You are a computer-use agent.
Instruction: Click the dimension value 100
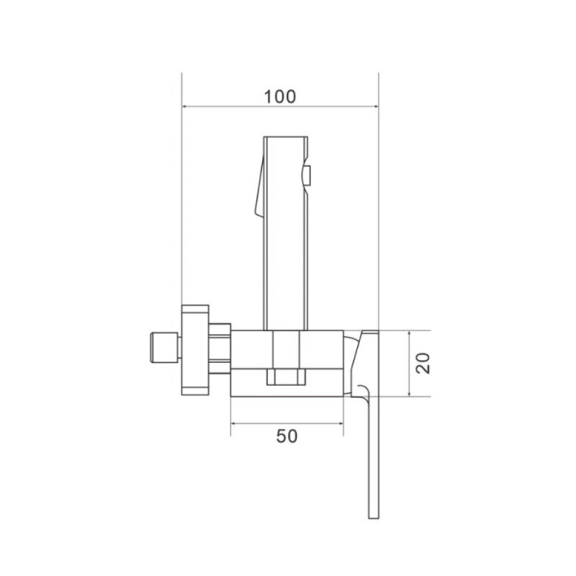click(279, 96)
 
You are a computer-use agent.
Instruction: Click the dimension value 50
click(287, 436)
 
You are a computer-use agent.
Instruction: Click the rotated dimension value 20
click(423, 364)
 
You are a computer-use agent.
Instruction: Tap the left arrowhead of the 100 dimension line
click(185, 107)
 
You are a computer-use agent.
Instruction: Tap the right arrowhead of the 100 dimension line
click(375, 107)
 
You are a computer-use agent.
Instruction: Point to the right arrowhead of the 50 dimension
click(340, 423)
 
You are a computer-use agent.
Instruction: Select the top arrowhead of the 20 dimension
click(409, 333)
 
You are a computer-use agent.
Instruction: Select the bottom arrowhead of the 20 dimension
click(409, 393)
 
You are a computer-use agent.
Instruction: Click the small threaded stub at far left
click(164, 348)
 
